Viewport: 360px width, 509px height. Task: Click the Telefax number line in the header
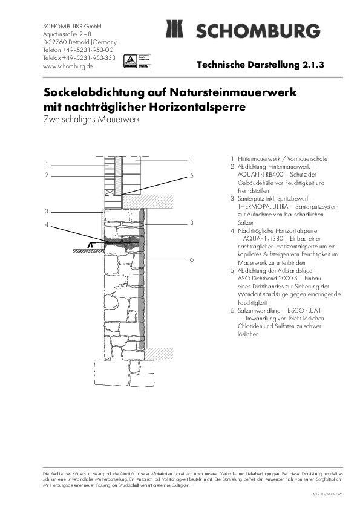[x=79, y=58]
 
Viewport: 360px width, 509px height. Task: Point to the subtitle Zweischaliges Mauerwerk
[x=91, y=120]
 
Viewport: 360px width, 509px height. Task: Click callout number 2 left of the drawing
[x=46, y=175]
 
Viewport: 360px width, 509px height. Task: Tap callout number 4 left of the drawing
[x=46, y=225]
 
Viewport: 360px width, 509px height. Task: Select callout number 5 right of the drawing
[x=191, y=175]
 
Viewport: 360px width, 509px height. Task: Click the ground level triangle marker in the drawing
[x=91, y=244]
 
